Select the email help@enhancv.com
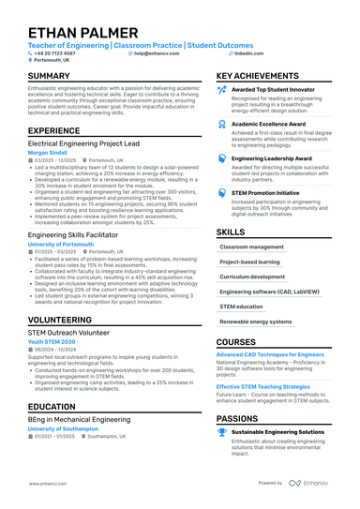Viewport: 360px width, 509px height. point(156,53)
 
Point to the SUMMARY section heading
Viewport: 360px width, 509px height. point(49,76)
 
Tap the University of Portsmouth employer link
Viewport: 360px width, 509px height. point(61,244)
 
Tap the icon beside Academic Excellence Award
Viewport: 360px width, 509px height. point(221,123)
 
